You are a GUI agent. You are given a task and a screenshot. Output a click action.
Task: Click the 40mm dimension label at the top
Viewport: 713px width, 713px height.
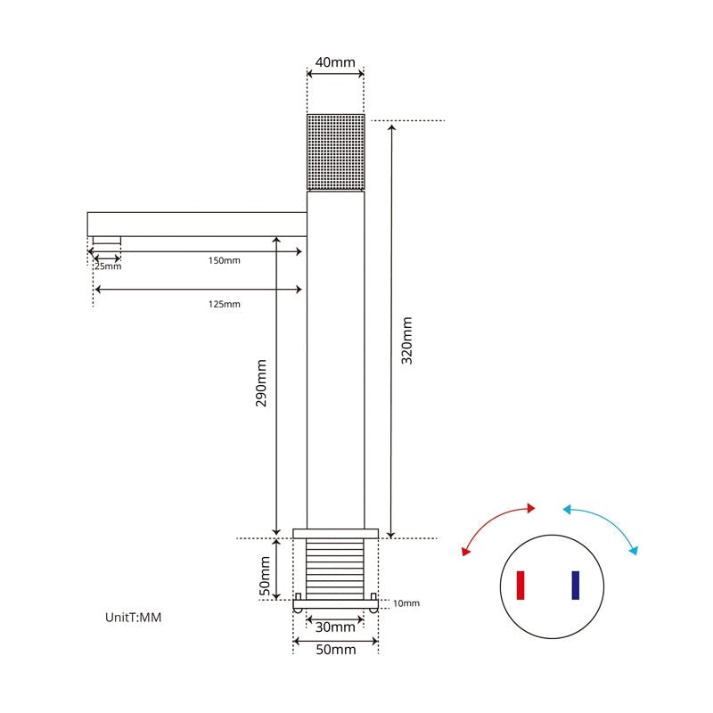click(x=335, y=62)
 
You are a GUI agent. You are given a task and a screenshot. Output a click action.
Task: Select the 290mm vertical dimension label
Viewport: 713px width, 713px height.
click(x=262, y=384)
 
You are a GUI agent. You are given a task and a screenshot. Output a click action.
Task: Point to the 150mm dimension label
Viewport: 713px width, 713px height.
click(x=225, y=261)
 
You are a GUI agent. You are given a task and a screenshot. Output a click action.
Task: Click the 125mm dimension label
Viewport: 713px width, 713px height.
click(x=225, y=304)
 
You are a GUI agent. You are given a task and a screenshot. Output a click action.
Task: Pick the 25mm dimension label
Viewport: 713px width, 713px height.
click(x=107, y=266)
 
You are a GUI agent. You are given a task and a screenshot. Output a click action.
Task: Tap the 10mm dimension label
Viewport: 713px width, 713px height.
click(x=406, y=603)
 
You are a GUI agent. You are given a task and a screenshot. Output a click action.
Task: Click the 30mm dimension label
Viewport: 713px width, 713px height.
click(x=335, y=627)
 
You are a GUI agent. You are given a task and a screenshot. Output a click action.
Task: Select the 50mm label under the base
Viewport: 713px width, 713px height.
click(x=335, y=650)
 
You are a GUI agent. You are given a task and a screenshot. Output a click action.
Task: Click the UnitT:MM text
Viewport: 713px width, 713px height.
click(x=134, y=617)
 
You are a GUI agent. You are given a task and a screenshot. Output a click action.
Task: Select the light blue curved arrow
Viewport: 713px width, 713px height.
click(x=603, y=526)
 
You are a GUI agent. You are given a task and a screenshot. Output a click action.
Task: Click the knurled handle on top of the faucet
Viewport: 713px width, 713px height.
click(x=335, y=152)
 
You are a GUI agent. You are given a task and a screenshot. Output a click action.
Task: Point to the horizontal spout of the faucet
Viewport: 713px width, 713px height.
click(x=196, y=223)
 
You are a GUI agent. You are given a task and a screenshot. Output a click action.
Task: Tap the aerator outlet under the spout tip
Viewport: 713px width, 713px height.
click(x=107, y=240)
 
